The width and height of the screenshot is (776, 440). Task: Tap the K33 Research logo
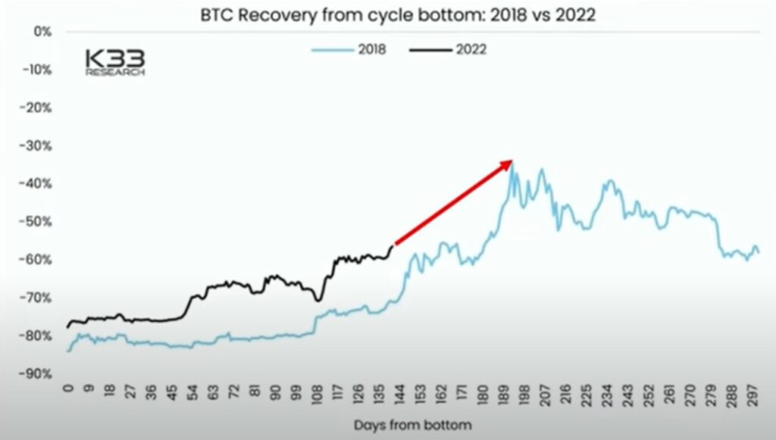[114, 62]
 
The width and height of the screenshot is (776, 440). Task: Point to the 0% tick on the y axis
[41, 32]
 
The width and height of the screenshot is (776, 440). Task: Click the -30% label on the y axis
[37, 145]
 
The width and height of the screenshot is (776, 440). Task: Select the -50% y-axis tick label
[37, 222]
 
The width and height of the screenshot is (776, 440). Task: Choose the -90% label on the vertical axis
[37, 374]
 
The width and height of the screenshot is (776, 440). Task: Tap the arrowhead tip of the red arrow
[512, 161]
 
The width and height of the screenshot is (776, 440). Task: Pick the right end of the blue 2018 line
[759, 252]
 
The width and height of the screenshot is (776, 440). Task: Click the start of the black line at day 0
[68, 327]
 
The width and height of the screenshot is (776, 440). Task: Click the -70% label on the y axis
[37, 298]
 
